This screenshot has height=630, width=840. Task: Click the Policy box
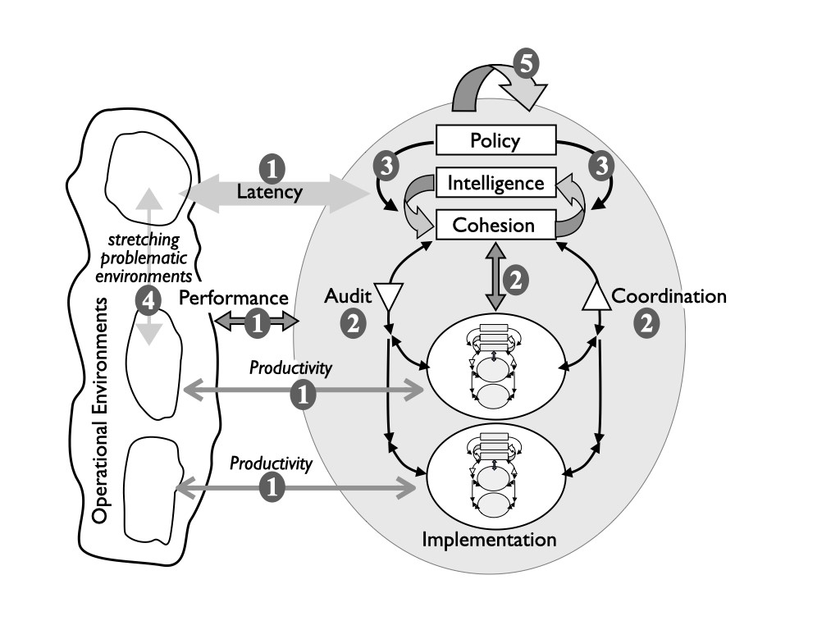[x=495, y=140]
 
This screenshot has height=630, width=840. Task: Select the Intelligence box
[x=495, y=182]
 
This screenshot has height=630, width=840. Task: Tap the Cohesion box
[x=495, y=225]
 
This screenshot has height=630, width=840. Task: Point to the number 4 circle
[x=148, y=302]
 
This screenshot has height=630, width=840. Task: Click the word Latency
[x=270, y=193]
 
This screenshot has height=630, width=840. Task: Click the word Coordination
[x=669, y=296]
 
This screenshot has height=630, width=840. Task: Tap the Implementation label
[x=489, y=539]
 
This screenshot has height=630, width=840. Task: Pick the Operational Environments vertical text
[x=101, y=410]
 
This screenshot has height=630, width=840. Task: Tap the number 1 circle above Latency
[x=272, y=168]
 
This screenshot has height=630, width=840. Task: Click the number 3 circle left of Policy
[x=382, y=166]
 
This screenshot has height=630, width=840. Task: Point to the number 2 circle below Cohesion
[x=515, y=280]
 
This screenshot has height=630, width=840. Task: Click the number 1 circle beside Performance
[x=258, y=323]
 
